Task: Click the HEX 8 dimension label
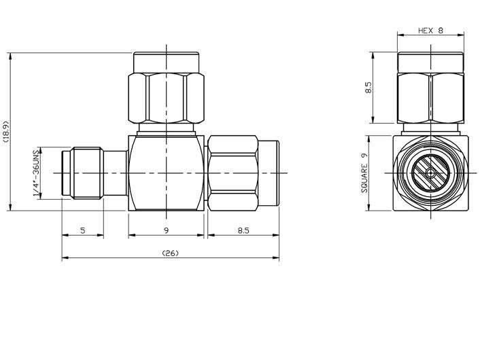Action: point(430,31)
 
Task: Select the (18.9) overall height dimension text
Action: point(6,132)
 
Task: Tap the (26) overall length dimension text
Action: point(170,253)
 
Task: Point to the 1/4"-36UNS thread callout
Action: point(37,173)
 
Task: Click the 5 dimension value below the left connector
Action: point(83,230)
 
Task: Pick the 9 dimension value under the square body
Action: point(166,230)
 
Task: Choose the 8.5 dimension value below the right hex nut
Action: point(243,230)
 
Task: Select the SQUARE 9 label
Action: point(364,173)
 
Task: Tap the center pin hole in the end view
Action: point(430,173)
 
